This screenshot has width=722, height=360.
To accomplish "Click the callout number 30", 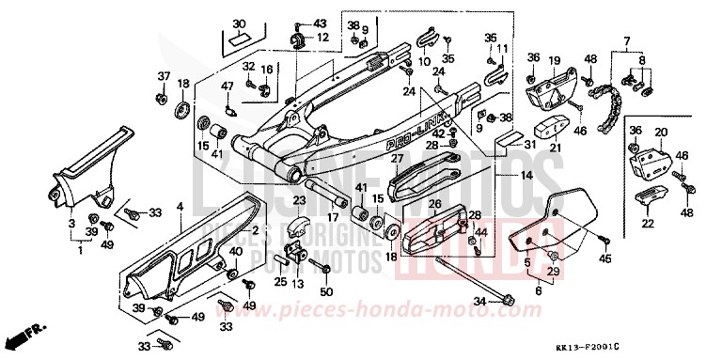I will coord(238,23).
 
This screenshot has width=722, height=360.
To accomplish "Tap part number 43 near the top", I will coord(321,23).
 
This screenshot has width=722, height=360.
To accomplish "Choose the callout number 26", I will coord(434,204).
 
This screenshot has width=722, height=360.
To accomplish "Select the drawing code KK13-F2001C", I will coord(665,347).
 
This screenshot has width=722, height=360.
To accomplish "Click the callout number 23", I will coord(299,199).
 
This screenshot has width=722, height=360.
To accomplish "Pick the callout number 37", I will coord(163,75).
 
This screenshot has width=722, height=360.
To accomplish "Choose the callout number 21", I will coord(555,146).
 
